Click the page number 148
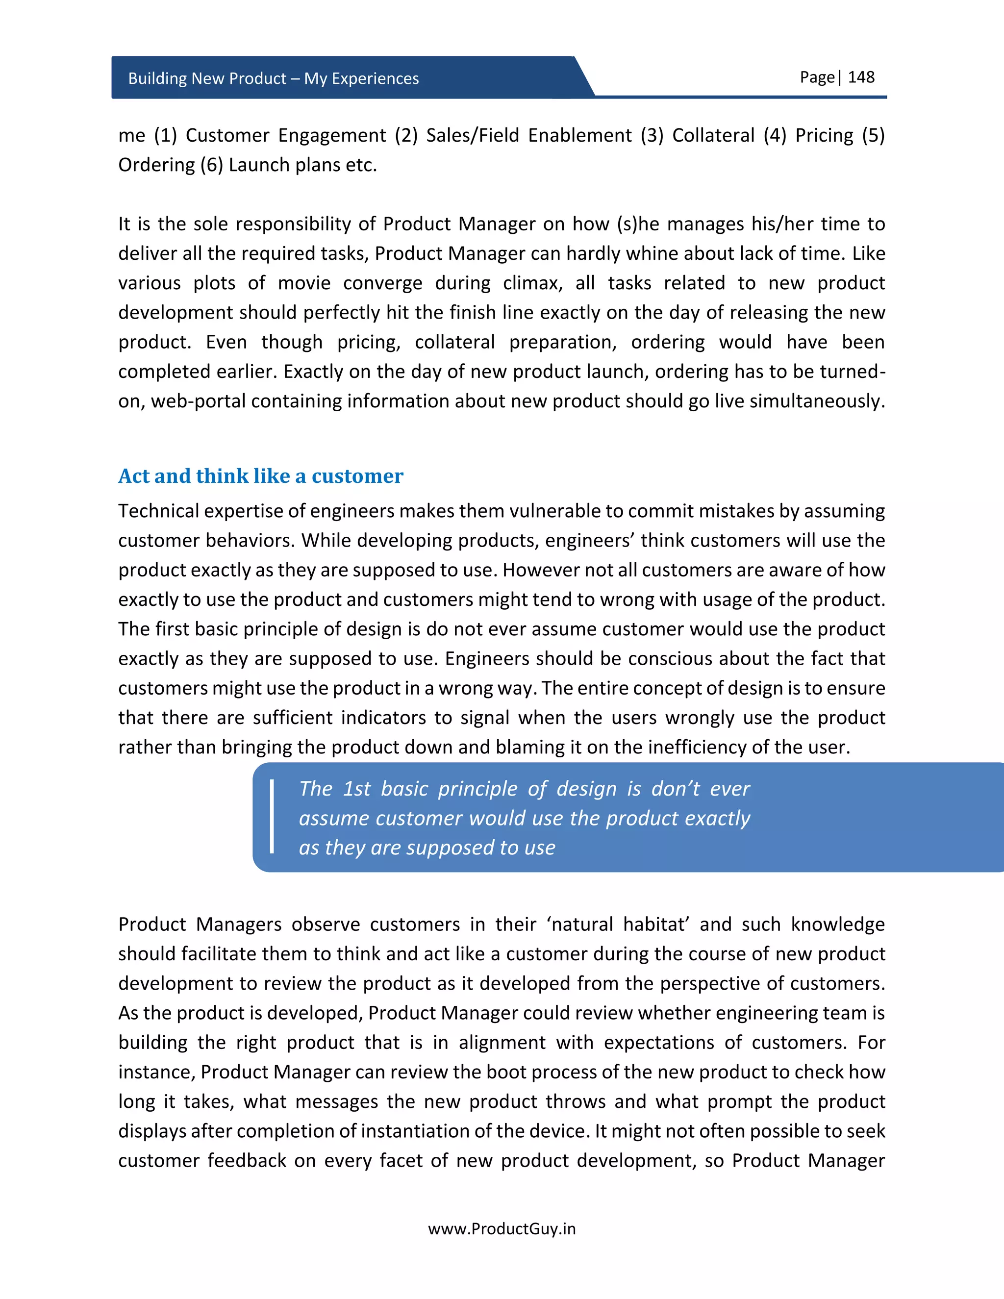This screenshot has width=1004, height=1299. click(x=861, y=77)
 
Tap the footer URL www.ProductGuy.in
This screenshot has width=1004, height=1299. click(x=502, y=1229)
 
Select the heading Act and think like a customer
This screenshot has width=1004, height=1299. click(x=260, y=476)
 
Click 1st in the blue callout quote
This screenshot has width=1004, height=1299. click(x=357, y=789)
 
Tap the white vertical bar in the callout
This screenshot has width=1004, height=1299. click(x=272, y=817)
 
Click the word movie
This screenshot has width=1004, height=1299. click(x=304, y=283)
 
